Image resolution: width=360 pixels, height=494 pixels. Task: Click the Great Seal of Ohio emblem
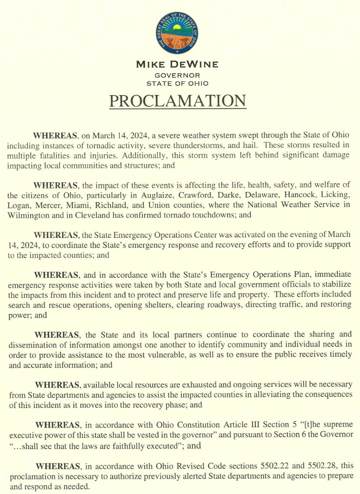click(x=177, y=32)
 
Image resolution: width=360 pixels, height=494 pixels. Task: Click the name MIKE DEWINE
click(x=177, y=65)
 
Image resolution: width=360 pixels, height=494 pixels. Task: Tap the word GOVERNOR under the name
click(x=177, y=75)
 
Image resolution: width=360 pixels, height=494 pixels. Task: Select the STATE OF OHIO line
click(x=177, y=83)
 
